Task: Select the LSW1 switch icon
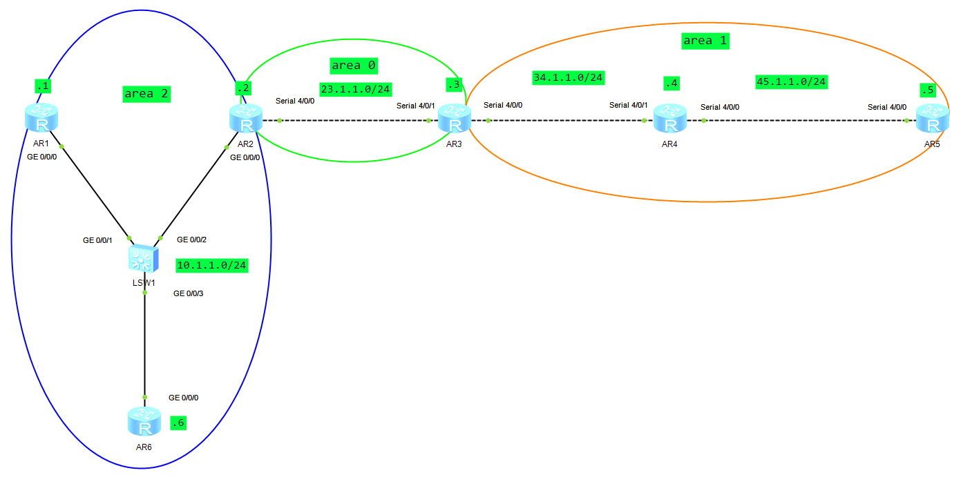click(144, 258)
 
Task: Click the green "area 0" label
click(354, 65)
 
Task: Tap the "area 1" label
click(705, 41)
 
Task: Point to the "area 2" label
click(146, 93)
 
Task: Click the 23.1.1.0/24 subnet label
click(356, 89)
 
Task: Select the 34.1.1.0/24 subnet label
click(568, 77)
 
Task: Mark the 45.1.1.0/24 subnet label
click(792, 81)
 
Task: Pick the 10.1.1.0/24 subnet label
click(211, 265)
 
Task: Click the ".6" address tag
click(178, 423)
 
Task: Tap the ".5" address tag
click(927, 90)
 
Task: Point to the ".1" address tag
click(43, 86)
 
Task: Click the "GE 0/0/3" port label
click(188, 293)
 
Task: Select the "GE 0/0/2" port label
click(191, 240)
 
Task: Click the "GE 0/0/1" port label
click(97, 240)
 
